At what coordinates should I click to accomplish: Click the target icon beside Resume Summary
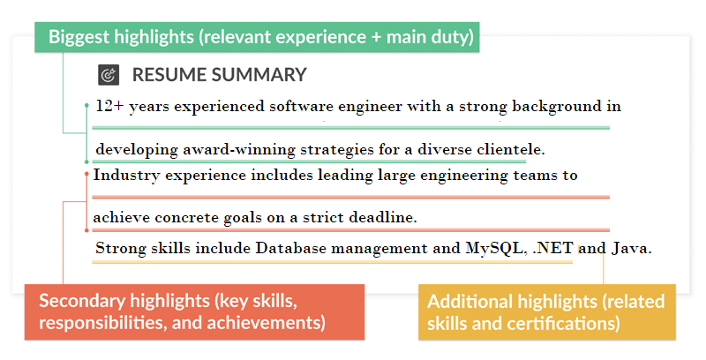(109, 75)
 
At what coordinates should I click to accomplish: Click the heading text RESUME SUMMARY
(219, 75)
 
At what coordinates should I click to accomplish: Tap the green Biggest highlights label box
(261, 38)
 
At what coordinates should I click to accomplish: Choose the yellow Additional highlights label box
(546, 311)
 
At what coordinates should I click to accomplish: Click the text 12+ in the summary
(109, 107)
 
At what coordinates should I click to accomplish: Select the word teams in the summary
(529, 175)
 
